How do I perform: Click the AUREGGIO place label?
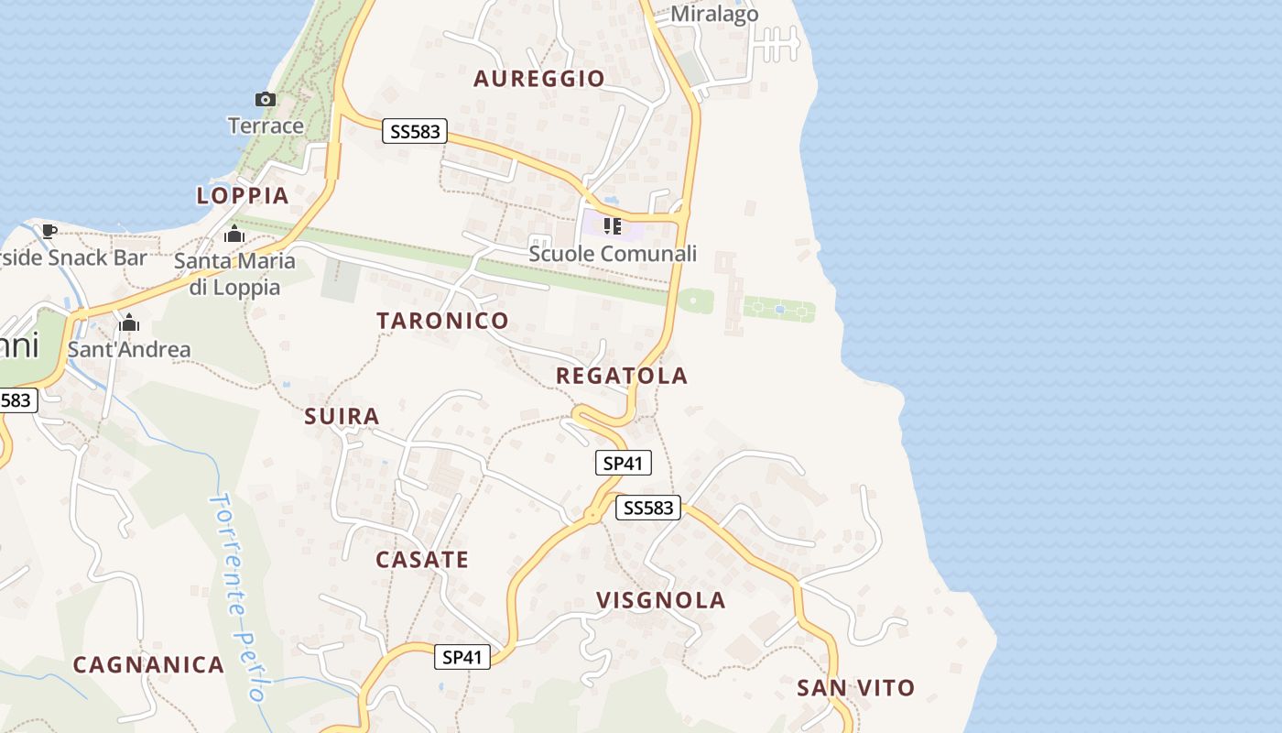pyautogui.click(x=539, y=79)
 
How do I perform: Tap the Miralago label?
pyautogui.click(x=714, y=15)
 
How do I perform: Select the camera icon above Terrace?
pyautogui.click(x=265, y=99)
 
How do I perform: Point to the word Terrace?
pyautogui.click(x=266, y=126)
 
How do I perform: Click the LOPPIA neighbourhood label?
pyautogui.click(x=243, y=195)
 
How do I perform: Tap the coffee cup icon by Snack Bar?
pyautogui.click(x=49, y=231)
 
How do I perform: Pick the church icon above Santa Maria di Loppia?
pyautogui.click(x=234, y=235)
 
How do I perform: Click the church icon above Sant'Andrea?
pyautogui.click(x=129, y=323)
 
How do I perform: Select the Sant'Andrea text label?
pyautogui.click(x=129, y=349)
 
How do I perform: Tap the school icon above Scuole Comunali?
pyautogui.click(x=613, y=225)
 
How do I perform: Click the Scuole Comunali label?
pyautogui.click(x=613, y=254)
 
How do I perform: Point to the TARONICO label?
pyautogui.click(x=442, y=321)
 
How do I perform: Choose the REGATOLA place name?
pyautogui.click(x=622, y=376)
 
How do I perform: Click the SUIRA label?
pyautogui.click(x=342, y=417)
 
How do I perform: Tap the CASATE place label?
pyautogui.click(x=422, y=560)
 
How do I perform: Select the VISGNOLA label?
pyautogui.click(x=661, y=601)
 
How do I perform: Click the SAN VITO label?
pyautogui.click(x=855, y=688)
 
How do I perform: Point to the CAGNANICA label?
pyautogui.click(x=148, y=665)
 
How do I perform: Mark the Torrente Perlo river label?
pyautogui.click(x=237, y=596)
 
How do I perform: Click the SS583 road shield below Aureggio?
pyautogui.click(x=415, y=132)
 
